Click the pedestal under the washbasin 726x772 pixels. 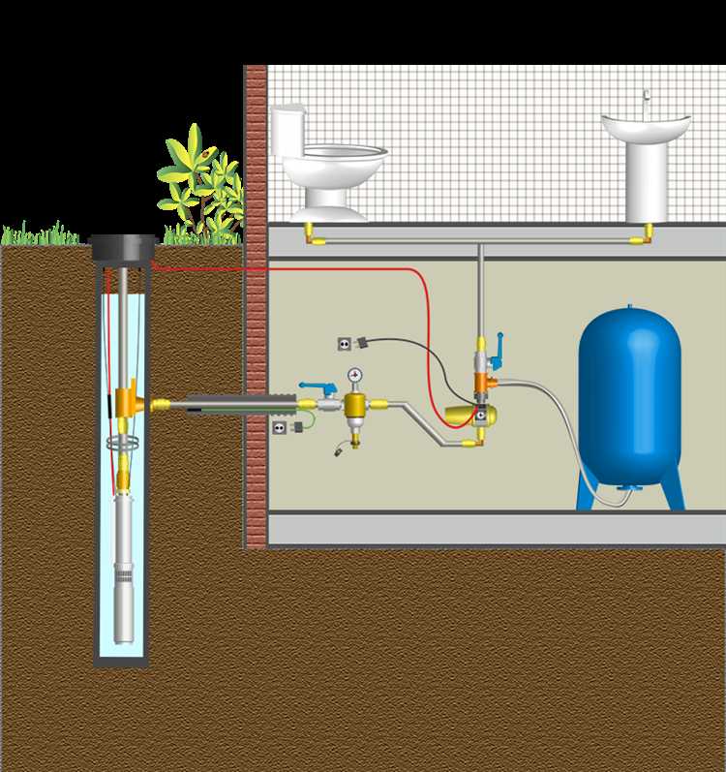(x=645, y=184)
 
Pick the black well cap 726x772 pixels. (x=123, y=250)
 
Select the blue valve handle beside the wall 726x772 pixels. (x=313, y=386)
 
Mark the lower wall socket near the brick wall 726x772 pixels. (x=281, y=427)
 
